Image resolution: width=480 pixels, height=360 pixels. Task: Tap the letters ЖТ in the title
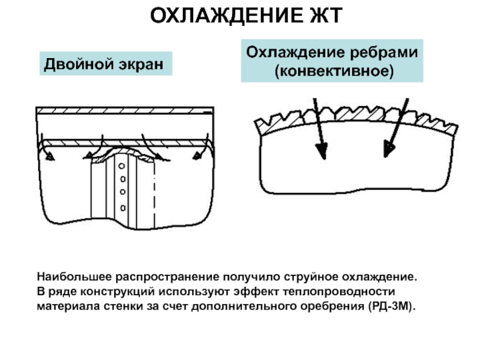[326, 16]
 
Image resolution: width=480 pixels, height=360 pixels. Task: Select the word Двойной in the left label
[79, 65]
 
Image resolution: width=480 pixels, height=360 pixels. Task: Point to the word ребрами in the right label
[383, 53]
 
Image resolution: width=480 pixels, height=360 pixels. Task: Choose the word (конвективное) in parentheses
[334, 71]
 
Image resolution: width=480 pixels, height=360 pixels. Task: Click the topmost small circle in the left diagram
[122, 166]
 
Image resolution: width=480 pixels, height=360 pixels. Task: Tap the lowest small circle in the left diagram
[123, 208]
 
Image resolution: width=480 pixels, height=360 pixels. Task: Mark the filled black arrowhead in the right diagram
[322, 151]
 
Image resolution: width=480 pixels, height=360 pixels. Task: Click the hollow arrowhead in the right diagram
[389, 149]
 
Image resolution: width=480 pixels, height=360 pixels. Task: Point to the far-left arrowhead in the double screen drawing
[50, 157]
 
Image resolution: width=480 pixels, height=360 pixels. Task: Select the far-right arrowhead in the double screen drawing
[197, 155]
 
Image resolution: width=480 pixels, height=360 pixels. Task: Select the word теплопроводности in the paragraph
[339, 292]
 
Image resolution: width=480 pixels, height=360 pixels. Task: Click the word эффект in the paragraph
[256, 292]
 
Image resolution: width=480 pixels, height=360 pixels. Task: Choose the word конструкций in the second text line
[118, 292]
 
